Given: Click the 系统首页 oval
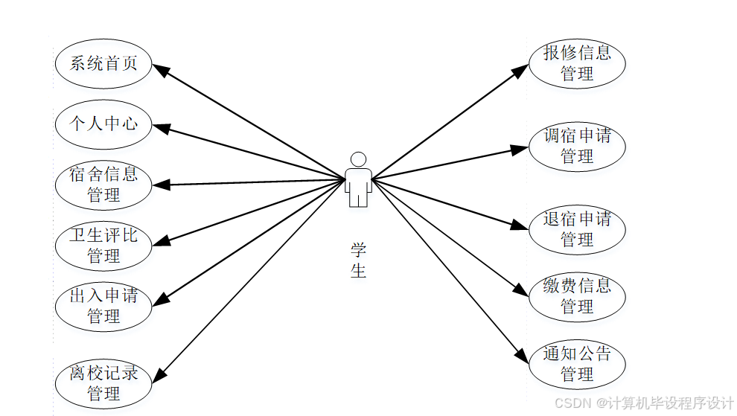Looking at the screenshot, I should (x=103, y=63).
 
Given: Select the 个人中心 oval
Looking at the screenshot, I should (x=103, y=124).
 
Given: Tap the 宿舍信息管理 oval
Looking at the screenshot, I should (x=103, y=185).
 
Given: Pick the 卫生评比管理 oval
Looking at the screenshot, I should (x=103, y=246).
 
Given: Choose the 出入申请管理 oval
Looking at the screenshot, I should (x=103, y=306).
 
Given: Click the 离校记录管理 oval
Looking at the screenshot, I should (x=103, y=383).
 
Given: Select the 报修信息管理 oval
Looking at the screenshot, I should (x=577, y=63).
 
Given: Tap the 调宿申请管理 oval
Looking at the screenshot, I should (x=577, y=146).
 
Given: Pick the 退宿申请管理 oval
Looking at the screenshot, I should (x=577, y=228).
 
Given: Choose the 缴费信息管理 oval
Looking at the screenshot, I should (x=577, y=295).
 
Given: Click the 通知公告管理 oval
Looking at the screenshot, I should (x=577, y=364).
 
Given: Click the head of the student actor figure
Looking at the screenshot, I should (x=358, y=159).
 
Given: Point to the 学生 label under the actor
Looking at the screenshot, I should (x=358, y=260).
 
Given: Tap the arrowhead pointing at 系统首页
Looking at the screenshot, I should (x=160, y=69).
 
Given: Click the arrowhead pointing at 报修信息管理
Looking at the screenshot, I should (x=521, y=70).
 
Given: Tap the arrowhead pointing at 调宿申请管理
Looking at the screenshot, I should (x=521, y=148).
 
